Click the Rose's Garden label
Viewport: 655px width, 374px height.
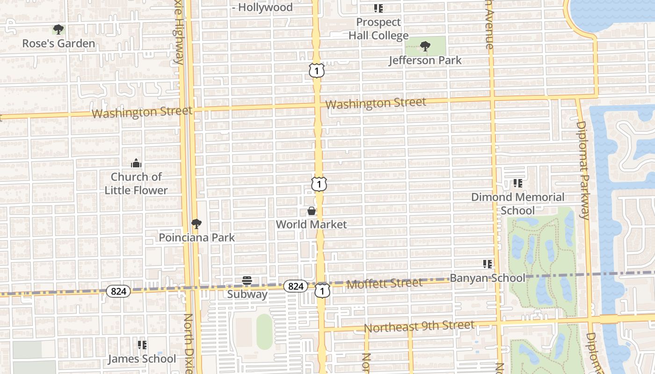pyautogui.click(x=58, y=43)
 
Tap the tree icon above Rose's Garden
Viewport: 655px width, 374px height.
pyautogui.click(x=58, y=30)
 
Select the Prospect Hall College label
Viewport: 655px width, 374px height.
pyautogui.click(x=378, y=29)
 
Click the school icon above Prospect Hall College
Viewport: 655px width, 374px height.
pyautogui.click(x=378, y=8)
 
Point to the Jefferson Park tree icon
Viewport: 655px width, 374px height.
pyautogui.click(x=425, y=46)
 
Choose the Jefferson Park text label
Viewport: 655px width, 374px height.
pyautogui.click(x=425, y=60)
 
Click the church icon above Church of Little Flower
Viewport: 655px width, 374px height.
pyautogui.click(x=136, y=163)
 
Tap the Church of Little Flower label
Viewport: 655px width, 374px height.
pyautogui.click(x=136, y=183)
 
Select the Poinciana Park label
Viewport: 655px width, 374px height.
pyautogui.click(x=196, y=237)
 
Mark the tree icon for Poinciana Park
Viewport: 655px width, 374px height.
pyautogui.click(x=196, y=224)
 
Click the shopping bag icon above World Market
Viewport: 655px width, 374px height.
pyautogui.click(x=312, y=211)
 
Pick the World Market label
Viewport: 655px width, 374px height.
pyautogui.click(x=312, y=224)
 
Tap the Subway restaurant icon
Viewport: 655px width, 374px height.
pyautogui.click(x=247, y=281)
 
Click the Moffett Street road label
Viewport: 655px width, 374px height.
pyautogui.click(x=385, y=283)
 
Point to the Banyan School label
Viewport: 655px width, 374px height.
pyautogui.click(x=488, y=278)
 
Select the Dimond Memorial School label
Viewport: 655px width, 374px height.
pyautogui.click(x=517, y=203)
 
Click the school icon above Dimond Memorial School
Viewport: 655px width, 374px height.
pyautogui.click(x=517, y=183)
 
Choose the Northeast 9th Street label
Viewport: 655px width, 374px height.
pyautogui.click(x=419, y=326)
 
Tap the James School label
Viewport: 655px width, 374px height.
pyautogui.click(x=142, y=359)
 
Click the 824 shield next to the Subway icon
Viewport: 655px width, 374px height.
pyautogui.click(x=296, y=286)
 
